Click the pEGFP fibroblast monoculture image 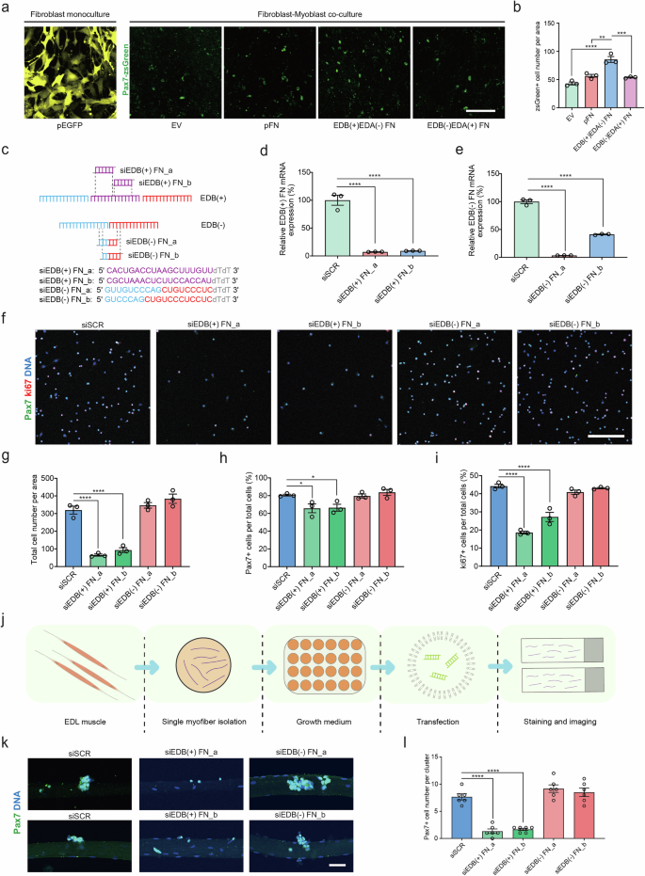point(63,64)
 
